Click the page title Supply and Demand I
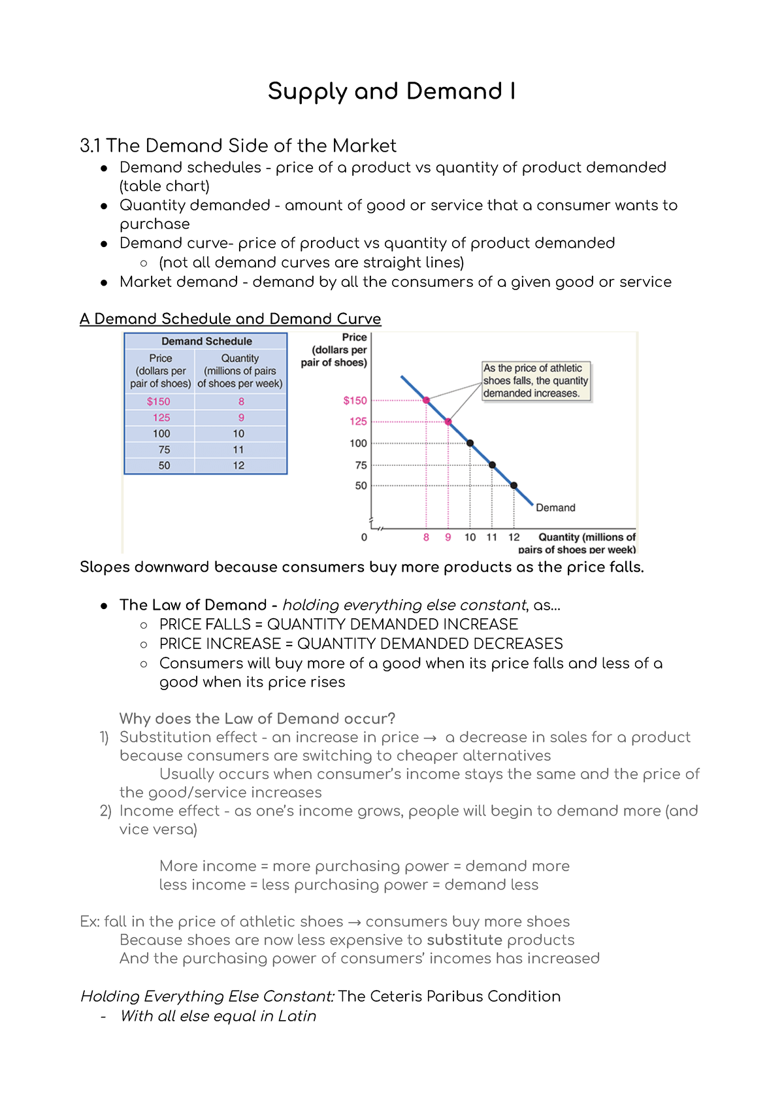pyautogui.click(x=391, y=91)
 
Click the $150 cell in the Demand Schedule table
pyautogui.click(x=159, y=401)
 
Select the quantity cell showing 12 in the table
pyautogui.click(x=238, y=465)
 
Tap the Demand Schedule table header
pyautogui.click(x=206, y=341)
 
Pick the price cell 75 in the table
pyautogui.click(x=164, y=450)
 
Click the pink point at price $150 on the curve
pyautogui.click(x=427, y=400)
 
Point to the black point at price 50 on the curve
pyautogui.click(x=514, y=486)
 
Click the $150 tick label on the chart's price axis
pyautogui.click(x=355, y=401)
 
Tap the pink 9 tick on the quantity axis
pyautogui.click(x=448, y=537)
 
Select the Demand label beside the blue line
pyautogui.click(x=555, y=508)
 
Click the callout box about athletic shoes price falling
pyautogui.click(x=536, y=381)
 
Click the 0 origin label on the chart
pyautogui.click(x=364, y=537)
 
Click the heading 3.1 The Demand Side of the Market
pyautogui.click(x=238, y=146)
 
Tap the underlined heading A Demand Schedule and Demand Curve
pyautogui.click(x=230, y=319)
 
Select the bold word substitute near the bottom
pyautogui.click(x=465, y=940)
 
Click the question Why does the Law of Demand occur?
pyautogui.click(x=257, y=719)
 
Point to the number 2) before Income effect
pyautogui.click(x=106, y=811)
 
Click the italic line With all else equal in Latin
pyautogui.click(x=218, y=1016)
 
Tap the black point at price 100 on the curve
pyautogui.click(x=470, y=443)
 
